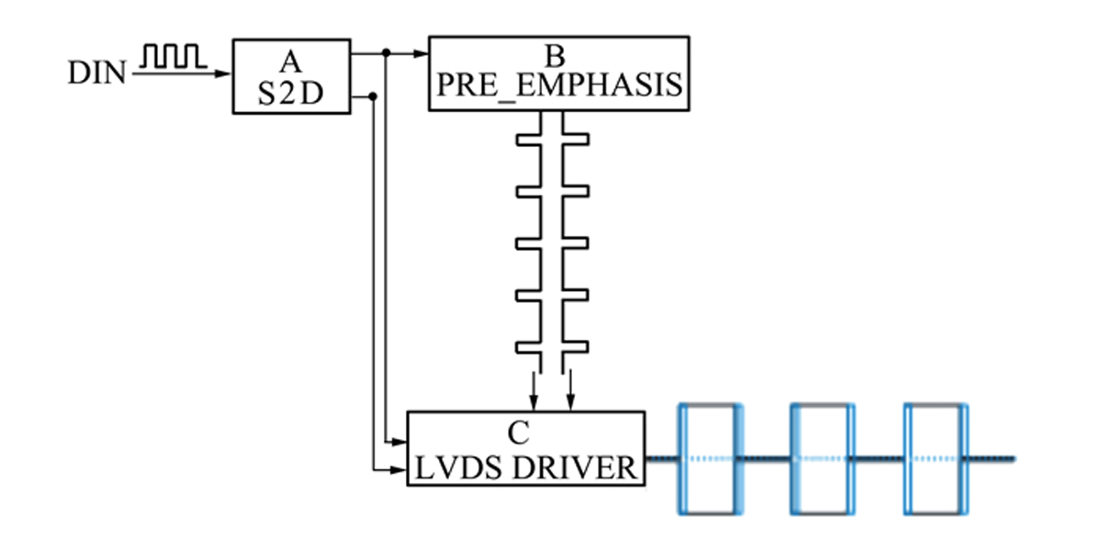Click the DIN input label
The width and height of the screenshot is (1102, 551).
[x=97, y=73]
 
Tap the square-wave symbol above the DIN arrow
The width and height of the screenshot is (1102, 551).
[x=174, y=56]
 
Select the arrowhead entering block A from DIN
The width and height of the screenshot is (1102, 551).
[x=223, y=73]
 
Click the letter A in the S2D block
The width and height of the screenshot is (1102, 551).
[x=290, y=62]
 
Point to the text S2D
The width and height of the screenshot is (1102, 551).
[x=291, y=94]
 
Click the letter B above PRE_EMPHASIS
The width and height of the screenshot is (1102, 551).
[x=555, y=57]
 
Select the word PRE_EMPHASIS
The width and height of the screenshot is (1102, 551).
[x=560, y=84]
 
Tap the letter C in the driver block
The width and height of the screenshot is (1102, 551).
[x=519, y=433]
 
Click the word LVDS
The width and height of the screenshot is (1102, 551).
[x=458, y=467]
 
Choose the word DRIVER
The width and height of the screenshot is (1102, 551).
[x=574, y=467]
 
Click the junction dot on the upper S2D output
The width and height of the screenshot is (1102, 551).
[x=387, y=52]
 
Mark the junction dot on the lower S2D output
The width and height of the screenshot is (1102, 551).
[x=373, y=96]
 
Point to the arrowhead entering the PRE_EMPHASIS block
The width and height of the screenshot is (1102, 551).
[x=422, y=53]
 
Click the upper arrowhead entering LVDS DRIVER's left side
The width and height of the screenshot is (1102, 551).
[x=399, y=442]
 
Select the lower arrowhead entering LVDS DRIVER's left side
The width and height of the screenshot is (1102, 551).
[x=399, y=470]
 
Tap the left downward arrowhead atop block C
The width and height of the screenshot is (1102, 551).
[x=534, y=401]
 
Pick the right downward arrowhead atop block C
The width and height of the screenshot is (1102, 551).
[x=570, y=401]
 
